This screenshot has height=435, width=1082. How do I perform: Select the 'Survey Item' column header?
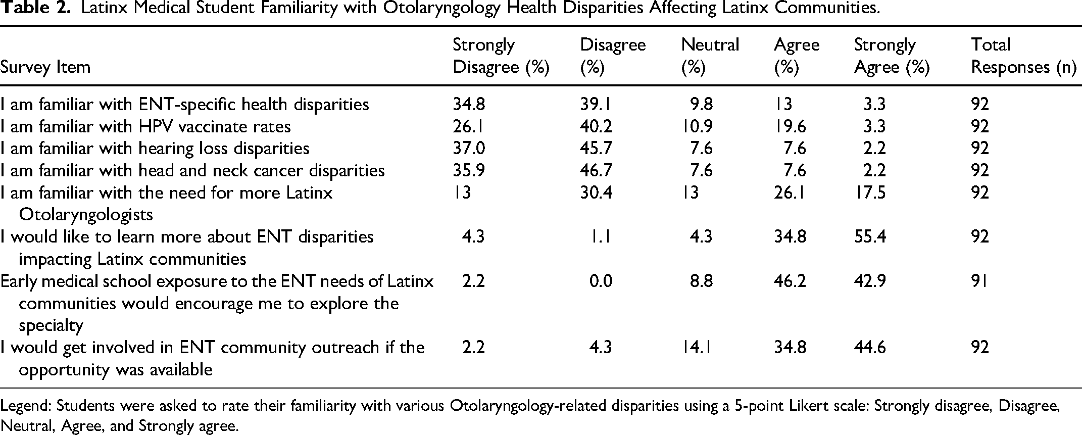click(x=45, y=67)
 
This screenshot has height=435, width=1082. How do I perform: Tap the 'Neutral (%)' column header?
click(x=710, y=56)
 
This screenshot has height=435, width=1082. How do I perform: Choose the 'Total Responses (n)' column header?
click(x=1023, y=56)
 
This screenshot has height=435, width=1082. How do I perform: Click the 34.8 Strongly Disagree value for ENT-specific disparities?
click(x=469, y=105)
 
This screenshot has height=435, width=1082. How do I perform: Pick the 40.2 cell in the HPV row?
click(x=596, y=126)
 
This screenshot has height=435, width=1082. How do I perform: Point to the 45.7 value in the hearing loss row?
click(x=596, y=149)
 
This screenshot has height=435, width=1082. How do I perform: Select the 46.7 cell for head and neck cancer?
click(x=596, y=171)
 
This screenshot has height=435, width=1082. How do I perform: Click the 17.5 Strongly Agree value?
click(x=870, y=192)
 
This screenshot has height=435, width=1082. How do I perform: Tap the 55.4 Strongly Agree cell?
click(x=870, y=237)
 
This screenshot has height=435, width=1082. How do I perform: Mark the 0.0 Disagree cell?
click(x=601, y=281)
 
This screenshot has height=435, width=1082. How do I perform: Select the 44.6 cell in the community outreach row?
click(x=870, y=348)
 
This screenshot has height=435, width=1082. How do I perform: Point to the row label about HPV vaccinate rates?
click(x=145, y=126)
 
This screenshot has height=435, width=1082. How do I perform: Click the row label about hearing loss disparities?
click(x=155, y=149)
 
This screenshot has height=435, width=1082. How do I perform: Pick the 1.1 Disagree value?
click(x=601, y=237)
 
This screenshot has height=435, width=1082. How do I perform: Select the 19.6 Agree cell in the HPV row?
click(x=790, y=126)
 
